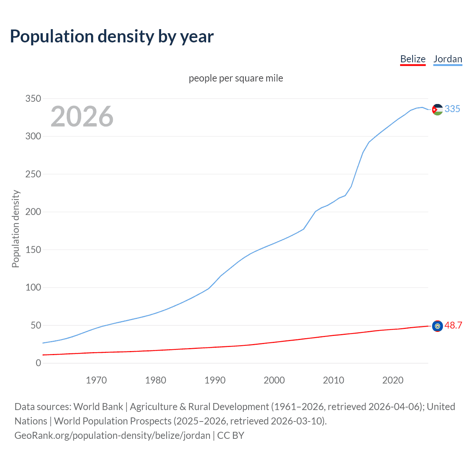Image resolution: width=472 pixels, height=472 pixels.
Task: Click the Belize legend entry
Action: (413, 59)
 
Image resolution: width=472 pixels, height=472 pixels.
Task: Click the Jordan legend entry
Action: (447, 59)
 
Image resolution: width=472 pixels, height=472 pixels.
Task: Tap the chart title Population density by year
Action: (112, 37)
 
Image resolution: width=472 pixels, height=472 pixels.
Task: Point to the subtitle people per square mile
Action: (236, 78)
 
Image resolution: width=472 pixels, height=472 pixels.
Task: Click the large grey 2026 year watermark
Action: (82, 117)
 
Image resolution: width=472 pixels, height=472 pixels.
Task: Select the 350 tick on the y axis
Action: (33, 98)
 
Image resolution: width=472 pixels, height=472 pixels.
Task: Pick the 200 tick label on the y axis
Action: (33, 212)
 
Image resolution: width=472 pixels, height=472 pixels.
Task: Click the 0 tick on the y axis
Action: (38, 363)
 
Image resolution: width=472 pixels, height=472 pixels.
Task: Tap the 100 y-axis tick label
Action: (33, 287)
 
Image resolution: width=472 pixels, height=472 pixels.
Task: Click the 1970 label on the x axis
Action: (96, 380)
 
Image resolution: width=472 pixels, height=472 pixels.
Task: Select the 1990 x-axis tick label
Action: (215, 380)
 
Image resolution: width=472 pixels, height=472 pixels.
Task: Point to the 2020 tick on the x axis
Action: (393, 380)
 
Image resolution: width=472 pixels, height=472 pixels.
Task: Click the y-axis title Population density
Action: (15, 229)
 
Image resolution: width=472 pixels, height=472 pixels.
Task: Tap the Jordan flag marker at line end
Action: (437, 110)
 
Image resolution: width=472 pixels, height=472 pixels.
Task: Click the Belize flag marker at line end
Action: (437, 326)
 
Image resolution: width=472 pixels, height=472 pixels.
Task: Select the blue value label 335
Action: (452, 109)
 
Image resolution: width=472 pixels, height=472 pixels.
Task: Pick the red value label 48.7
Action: (453, 325)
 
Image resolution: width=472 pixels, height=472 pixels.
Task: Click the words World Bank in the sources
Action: (98, 407)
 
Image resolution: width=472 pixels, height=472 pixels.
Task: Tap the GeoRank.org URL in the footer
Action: (112, 435)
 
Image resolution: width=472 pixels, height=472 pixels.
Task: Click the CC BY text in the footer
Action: (231, 435)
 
